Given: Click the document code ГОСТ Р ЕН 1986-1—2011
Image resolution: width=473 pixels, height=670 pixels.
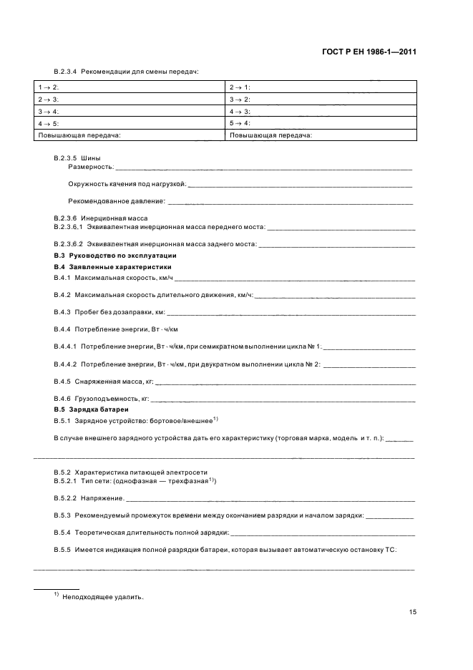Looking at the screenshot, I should tap(369, 52).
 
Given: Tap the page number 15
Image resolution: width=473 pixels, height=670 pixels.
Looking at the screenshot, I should tap(412, 611).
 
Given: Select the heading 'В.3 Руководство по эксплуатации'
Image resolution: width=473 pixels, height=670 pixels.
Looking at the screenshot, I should tap(114, 256).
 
